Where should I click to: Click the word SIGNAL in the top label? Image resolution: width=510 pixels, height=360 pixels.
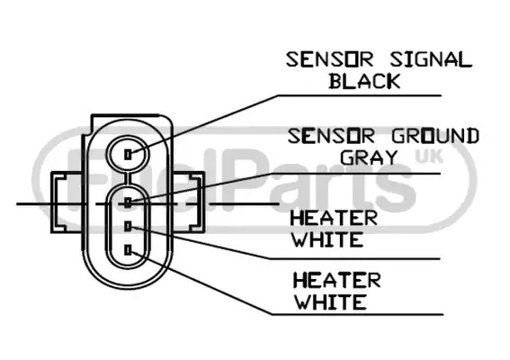coord(431,60)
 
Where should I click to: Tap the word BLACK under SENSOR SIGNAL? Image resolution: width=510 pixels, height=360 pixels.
coord(364,81)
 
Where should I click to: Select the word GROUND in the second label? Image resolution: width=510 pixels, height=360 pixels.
coord(435,137)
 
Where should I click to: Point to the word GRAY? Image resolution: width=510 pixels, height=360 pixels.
coord(369,157)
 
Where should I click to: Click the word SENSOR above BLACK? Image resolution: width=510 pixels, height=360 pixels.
coord(330,60)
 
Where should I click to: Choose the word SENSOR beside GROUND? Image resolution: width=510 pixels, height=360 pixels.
coord(331,137)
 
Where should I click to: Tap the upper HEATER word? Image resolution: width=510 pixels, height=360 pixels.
coord(334,218)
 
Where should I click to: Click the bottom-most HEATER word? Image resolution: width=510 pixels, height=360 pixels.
coord(337,281)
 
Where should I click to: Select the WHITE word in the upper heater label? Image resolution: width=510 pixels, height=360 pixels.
coord(327,239)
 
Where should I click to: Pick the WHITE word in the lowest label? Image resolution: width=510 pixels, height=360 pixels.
coord(331,302)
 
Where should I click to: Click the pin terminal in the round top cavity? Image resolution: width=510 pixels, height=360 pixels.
coord(129,154)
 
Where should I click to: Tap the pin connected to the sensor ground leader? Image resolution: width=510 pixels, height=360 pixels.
coord(129,202)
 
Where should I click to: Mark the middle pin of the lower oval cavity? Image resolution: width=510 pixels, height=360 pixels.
coord(129,226)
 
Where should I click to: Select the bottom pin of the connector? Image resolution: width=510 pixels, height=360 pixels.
coord(129,250)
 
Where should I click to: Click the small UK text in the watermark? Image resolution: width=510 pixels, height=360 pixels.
coord(429,157)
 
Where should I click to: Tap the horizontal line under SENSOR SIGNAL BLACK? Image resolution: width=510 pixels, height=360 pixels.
coord(360,95)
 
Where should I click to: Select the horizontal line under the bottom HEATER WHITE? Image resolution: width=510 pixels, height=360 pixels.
coord(357,314)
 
